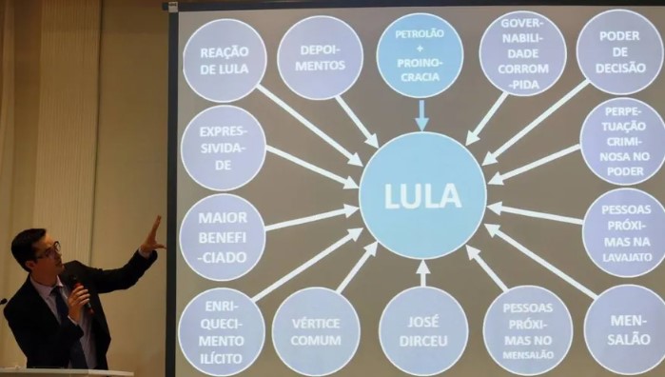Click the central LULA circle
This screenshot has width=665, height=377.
[422, 196]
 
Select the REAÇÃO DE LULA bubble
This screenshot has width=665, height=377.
[225, 60]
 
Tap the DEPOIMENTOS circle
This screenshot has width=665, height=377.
[321, 58]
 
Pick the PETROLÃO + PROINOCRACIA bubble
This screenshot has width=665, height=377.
[420, 55]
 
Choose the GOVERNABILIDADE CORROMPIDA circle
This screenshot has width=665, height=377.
[523, 53]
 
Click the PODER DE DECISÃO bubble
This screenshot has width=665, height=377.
[620, 51]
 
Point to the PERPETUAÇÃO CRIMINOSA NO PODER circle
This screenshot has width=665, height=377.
[623, 141]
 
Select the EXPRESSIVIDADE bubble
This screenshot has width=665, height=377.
[224, 148]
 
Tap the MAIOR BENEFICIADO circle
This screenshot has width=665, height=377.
[223, 237]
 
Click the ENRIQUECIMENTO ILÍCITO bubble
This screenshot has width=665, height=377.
[222, 332]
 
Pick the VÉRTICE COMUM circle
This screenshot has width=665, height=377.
[316, 331]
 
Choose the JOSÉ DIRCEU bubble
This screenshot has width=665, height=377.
[423, 331]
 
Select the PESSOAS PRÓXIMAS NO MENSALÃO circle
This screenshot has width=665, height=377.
[528, 330]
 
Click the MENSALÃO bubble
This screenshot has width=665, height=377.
[626, 329]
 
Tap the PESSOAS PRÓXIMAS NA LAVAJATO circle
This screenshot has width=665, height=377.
[625, 232]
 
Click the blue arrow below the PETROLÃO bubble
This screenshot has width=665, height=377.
[421, 115]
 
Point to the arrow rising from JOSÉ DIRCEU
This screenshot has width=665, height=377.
[422, 273]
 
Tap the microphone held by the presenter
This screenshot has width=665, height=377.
[80, 292]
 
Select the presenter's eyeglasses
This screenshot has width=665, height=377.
[50, 251]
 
